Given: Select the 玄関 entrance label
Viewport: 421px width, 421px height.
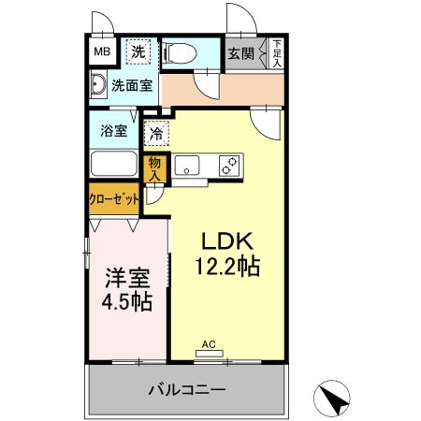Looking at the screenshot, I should [x=240, y=53].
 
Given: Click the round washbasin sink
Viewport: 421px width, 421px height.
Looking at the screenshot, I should [x=98, y=86].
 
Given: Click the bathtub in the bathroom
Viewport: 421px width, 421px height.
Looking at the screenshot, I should [x=115, y=165].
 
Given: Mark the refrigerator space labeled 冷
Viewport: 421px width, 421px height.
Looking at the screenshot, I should [x=156, y=134].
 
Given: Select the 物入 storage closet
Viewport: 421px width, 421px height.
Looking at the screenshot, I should [x=156, y=168].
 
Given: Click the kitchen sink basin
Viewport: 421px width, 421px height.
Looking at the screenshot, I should [x=188, y=167].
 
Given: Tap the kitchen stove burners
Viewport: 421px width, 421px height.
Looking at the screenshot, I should [x=227, y=166].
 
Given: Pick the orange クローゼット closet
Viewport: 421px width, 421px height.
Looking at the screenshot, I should [x=115, y=199].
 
